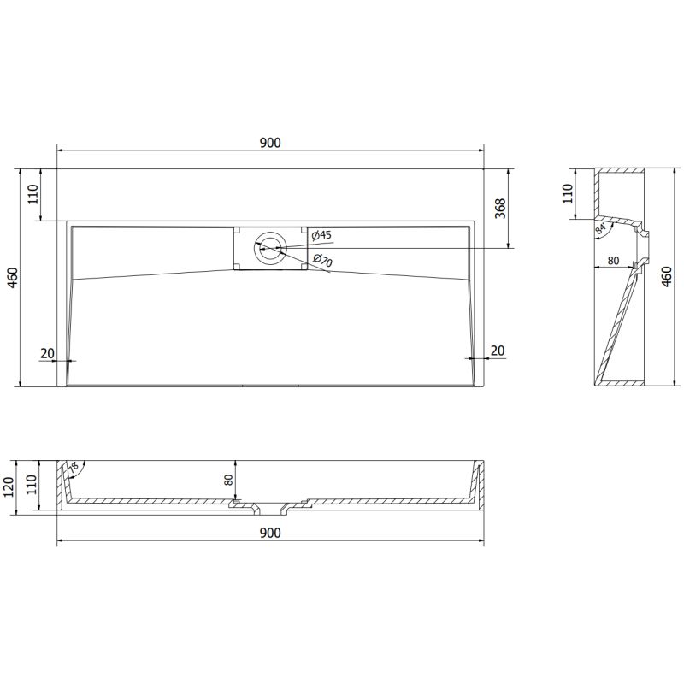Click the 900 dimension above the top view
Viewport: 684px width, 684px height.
(270, 144)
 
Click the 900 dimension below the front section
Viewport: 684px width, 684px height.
(270, 533)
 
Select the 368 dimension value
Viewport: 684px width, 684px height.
(501, 209)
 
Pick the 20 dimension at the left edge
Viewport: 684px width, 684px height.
(48, 352)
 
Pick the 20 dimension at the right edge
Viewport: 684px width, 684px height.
(498, 351)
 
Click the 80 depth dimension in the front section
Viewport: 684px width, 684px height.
(229, 481)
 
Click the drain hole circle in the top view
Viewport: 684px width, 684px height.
(269, 248)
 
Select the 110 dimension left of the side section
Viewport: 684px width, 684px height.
(565, 194)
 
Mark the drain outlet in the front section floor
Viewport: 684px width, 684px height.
(270, 510)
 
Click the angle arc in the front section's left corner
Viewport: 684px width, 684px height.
(74, 467)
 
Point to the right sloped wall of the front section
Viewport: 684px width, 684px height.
(475, 483)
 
